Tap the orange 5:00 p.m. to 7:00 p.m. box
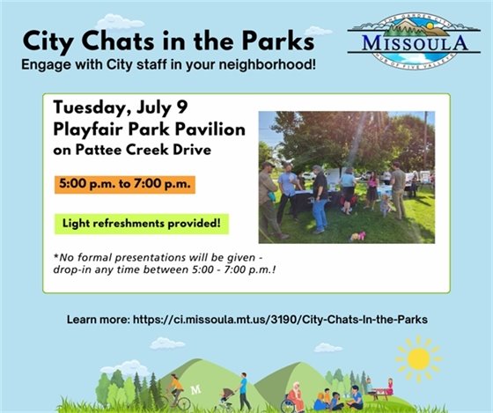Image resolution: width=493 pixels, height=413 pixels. [x=124, y=186]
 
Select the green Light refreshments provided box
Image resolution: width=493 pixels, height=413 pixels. [x=140, y=223]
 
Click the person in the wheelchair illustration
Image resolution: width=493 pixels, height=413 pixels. [x=293, y=398]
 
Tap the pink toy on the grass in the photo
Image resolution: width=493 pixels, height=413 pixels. [x=357, y=236]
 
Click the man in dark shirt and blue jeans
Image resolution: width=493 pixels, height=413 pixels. [x=319, y=198]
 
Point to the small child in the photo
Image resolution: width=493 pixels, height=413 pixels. [x=385, y=205]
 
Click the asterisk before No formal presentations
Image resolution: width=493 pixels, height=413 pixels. [x=55, y=256]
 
